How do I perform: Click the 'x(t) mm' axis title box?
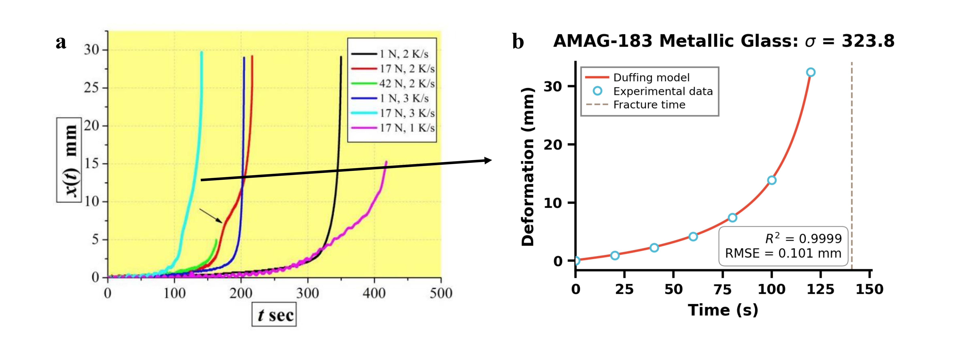[69, 160]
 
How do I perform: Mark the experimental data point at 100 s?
[771, 180]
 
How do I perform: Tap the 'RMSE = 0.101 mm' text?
[783, 253]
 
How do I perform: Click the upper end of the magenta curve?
[386, 162]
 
